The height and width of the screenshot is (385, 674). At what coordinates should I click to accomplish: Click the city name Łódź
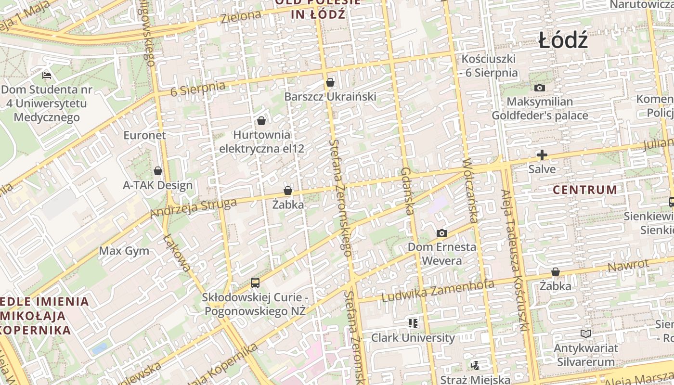[563, 40]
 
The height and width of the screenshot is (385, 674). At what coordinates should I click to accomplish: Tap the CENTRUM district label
[584, 190]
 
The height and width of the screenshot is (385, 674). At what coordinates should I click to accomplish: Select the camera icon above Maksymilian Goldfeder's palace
[540, 88]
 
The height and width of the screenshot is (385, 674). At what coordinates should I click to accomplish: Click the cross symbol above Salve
[542, 155]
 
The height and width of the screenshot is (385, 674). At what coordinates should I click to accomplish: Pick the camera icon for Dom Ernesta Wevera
[441, 233]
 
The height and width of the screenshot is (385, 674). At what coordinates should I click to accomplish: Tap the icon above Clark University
[413, 323]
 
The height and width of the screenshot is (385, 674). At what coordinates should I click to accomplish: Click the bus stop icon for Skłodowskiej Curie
[255, 283]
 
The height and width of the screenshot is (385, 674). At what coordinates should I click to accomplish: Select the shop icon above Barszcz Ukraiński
[330, 82]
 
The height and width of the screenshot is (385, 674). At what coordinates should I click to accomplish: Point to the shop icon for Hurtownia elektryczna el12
[261, 121]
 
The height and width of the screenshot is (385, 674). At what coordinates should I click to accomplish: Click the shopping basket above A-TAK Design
[157, 171]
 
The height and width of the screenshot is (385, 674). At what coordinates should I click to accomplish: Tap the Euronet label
[144, 135]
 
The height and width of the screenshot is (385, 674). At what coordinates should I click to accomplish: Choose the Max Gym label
[124, 251]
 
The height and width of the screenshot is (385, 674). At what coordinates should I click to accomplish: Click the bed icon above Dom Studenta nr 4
[47, 75]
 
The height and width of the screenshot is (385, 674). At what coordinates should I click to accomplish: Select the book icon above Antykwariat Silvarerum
[585, 334]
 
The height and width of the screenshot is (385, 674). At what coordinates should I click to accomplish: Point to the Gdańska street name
[407, 191]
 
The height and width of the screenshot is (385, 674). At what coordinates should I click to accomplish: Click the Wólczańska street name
[469, 191]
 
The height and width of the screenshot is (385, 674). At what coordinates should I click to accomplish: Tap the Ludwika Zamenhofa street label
[438, 291]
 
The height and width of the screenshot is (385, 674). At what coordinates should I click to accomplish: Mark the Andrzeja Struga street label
[194, 207]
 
